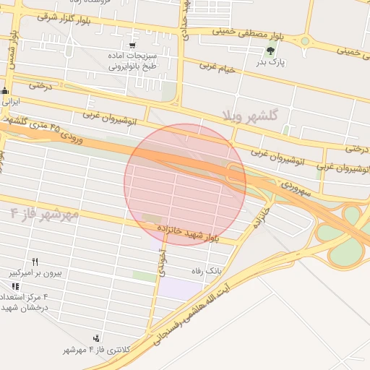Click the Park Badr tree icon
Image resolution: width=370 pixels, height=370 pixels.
[271, 51]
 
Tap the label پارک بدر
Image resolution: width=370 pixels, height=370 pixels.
[272, 63]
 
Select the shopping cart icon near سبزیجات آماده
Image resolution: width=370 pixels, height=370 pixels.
[132, 46]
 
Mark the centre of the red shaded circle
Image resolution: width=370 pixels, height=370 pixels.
[185, 184]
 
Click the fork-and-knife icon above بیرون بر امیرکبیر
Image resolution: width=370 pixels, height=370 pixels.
[35, 262]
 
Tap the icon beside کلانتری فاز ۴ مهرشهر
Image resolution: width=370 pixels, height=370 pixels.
[96, 338]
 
